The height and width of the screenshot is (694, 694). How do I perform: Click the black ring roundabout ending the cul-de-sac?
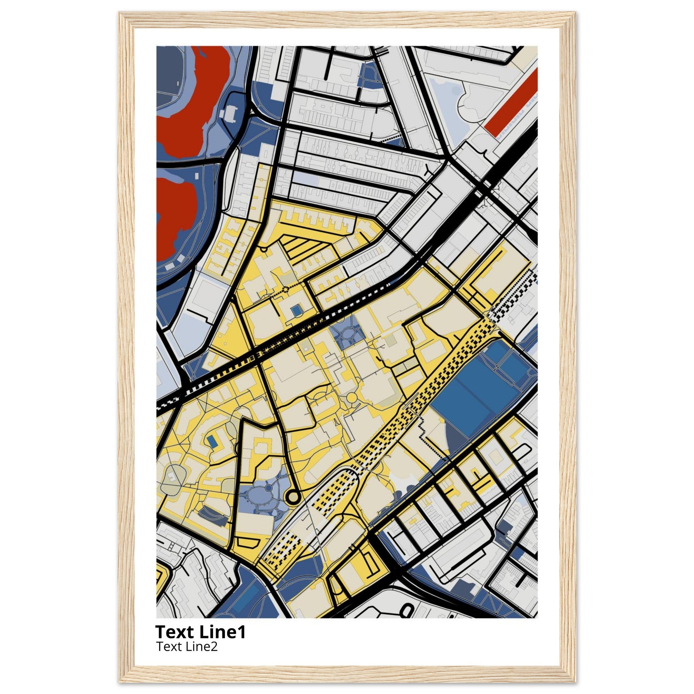click(x=293, y=497)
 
